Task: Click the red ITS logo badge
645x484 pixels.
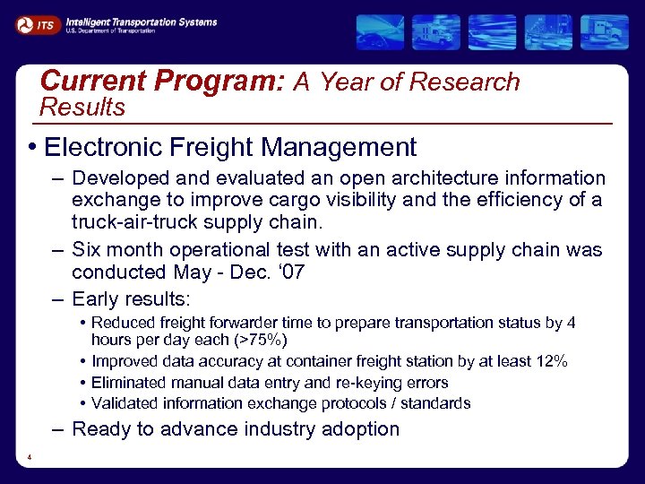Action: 37,25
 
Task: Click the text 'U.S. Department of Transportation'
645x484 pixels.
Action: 110,30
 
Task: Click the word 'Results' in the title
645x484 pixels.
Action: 83,108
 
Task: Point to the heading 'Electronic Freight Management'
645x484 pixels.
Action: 230,147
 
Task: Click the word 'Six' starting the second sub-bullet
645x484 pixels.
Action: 87,249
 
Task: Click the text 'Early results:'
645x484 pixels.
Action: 132,298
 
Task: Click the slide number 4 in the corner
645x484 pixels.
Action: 30,459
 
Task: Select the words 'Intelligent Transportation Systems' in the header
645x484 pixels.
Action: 141,21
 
